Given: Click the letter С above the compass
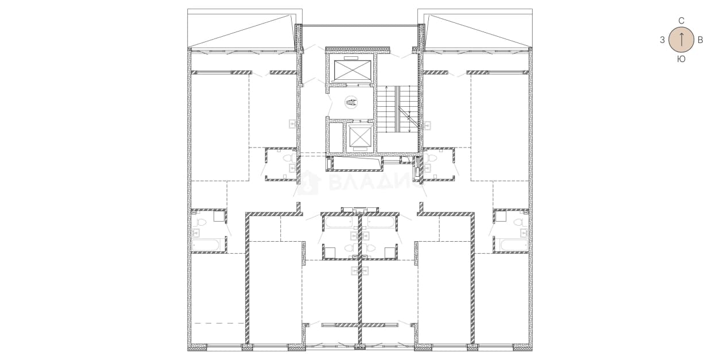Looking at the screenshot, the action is point(681,21).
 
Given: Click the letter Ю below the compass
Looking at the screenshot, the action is point(681,59).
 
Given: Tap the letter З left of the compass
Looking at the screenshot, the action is point(662,40).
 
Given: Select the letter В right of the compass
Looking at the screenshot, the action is point(700,40).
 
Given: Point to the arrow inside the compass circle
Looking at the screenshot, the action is point(681,40).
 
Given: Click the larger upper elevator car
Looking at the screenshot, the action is point(352,69).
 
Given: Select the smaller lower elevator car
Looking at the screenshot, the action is point(359,136).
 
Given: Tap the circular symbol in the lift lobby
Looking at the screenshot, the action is point(351,102).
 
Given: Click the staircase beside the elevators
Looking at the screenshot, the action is point(397,109).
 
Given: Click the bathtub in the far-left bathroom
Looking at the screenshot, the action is point(206,245).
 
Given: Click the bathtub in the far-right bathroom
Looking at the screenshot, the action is point(514,245).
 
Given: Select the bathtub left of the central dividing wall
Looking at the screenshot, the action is point(339,222).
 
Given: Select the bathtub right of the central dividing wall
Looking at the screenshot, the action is point(381,222).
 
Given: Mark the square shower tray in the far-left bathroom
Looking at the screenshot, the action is point(219,216).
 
